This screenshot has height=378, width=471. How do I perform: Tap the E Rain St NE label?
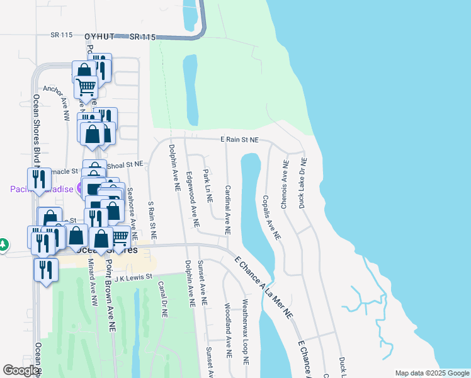(x=239, y=140)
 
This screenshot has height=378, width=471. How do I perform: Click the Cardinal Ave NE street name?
(x=228, y=207)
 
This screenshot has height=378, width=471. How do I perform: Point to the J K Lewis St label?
(x=130, y=277)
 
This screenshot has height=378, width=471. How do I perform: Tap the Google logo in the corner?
(x=21, y=370)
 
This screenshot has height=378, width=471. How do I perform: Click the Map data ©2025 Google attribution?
(x=431, y=373)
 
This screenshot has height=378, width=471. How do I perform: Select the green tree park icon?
(x=4, y=244)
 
